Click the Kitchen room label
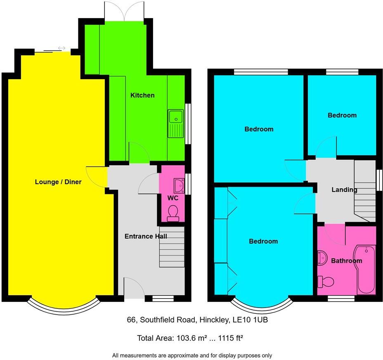(142, 95)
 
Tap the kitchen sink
(175, 123)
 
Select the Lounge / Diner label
(58, 182)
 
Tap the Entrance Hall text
(146, 237)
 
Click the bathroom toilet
(326, 282)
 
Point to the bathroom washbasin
(322, 258)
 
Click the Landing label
(344, 190)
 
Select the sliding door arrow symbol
(61, 48)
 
